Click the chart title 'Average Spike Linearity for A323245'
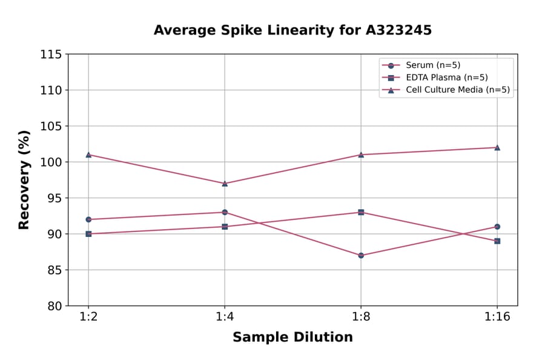292,30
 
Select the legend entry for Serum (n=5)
429,65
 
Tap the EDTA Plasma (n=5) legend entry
446,78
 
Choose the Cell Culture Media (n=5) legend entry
457,90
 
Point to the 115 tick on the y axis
51,55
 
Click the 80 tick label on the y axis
54,306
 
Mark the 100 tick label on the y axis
51,162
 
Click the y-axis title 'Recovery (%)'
24,180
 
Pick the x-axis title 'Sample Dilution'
292,338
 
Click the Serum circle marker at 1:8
361,255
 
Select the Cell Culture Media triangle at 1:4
225,183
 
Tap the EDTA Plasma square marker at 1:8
361,212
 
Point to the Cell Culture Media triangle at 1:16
497,147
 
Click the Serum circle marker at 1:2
88,219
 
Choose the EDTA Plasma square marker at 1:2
88,234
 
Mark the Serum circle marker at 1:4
225,212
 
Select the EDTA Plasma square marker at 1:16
497,241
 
